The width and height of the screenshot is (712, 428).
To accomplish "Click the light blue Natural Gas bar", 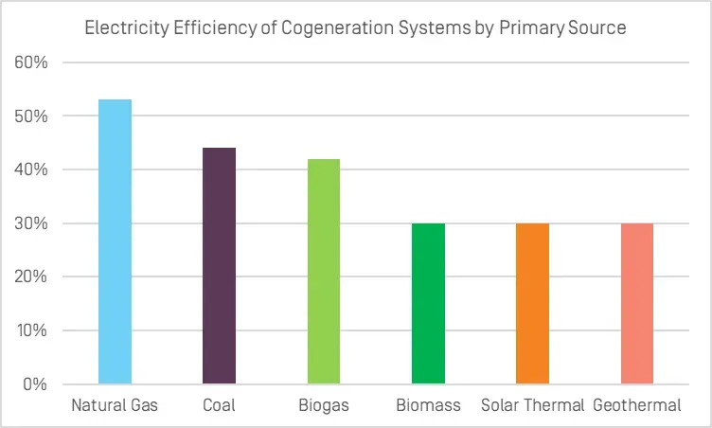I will tap(115, 241).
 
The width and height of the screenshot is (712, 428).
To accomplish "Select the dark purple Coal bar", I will tap(219, 266).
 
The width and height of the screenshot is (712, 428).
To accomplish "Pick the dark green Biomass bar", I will tap(428, 304).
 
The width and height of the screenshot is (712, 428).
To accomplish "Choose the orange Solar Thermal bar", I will tap(532, 304).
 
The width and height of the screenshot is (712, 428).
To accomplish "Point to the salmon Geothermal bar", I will tap(636, 304).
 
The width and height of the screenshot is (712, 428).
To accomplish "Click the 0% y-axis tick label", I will tap(40, 384).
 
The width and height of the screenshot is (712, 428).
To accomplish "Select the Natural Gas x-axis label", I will tap(115, 406).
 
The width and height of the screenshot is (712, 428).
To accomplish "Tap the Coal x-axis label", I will tap(219, 406).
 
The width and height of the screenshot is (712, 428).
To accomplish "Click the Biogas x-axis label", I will tap(323, 406).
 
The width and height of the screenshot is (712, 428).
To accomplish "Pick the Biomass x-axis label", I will tap(428, 406).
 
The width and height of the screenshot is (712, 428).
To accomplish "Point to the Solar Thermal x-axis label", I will tap(532, 406).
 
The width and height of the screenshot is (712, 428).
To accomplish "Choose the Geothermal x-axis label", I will tap(637, 406).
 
